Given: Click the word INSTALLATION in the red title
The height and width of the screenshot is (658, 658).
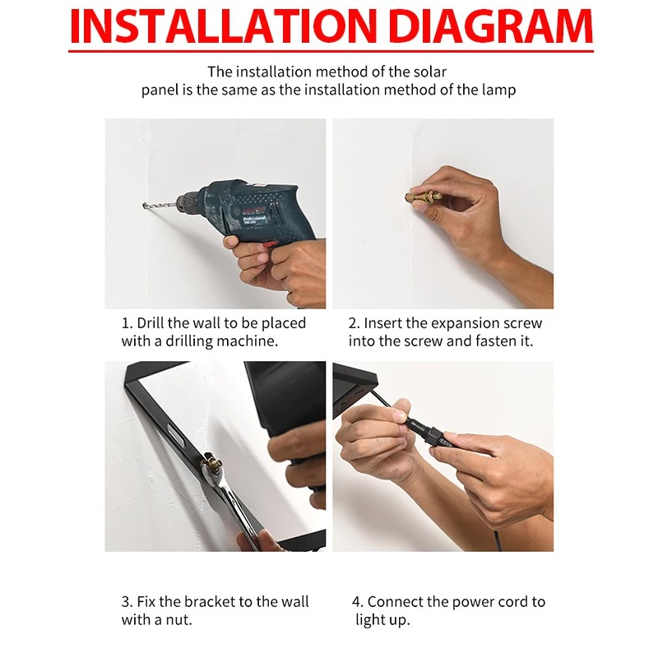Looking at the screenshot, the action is pyautogui.click(x=223, y=26).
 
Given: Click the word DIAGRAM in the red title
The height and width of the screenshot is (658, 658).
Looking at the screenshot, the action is pyautogui.click(x=490, y=26).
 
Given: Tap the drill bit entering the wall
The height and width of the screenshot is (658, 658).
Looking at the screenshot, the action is pyautogui.click(x=160, y=206).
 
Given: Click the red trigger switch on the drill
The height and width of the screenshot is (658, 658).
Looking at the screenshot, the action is pyautogui.click(x=269, y=243).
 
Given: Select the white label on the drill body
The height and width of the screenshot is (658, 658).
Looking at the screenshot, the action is pyautogui.click(x=254, y=220).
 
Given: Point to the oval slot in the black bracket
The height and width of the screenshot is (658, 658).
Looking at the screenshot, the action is pyautogui.click(x=176, y=433).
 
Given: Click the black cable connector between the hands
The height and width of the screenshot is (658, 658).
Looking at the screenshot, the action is pyautogui.click(x=428, y=433).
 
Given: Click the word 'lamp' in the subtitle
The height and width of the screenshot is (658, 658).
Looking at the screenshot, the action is pyautogui.click(x=499, y=90).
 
